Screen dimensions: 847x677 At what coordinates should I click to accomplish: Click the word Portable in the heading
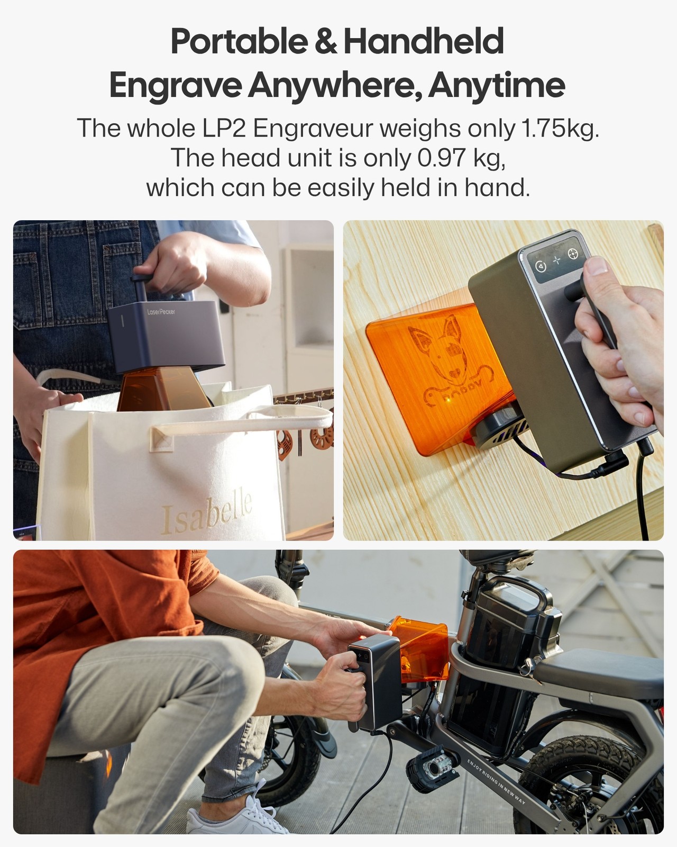coord(239,41)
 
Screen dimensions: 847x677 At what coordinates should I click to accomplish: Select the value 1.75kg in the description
coord(560,128)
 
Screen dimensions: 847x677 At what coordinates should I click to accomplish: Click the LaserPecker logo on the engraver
coord(161,312)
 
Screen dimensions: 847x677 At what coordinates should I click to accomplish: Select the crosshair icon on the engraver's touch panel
coord(572,255)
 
